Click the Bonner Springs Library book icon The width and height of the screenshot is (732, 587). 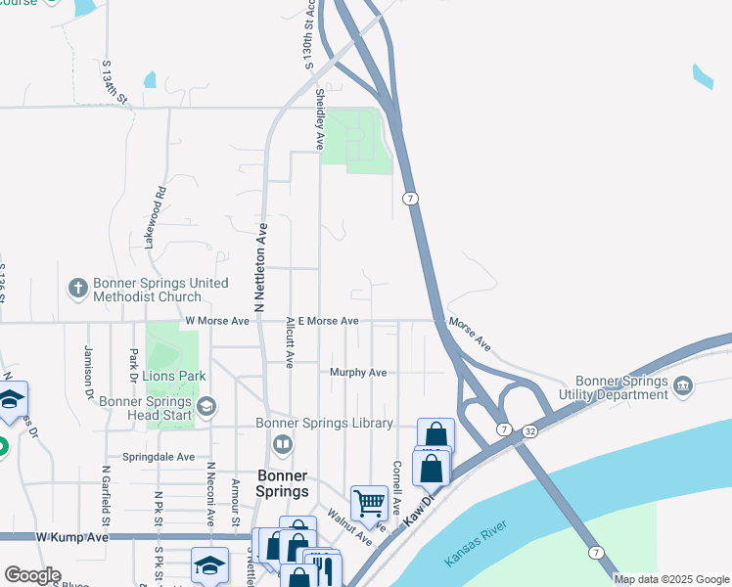pos(282,446)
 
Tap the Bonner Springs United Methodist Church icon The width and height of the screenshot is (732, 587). pos(78,289)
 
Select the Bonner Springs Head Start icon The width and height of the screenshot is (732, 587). pos(206,406)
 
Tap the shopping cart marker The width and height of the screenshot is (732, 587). pos(369,503)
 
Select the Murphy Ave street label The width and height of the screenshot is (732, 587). pos(358,373)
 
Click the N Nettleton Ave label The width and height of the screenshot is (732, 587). pos(261,267)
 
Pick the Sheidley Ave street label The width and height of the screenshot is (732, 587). pos(319,118)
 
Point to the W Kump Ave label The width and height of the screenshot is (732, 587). pos(73,537)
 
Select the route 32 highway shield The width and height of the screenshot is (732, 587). pos(528,429)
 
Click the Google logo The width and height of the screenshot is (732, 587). pos(31,575)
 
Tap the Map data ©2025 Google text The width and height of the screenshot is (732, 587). pos(670,579)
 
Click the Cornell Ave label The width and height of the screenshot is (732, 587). pos(396,488)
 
